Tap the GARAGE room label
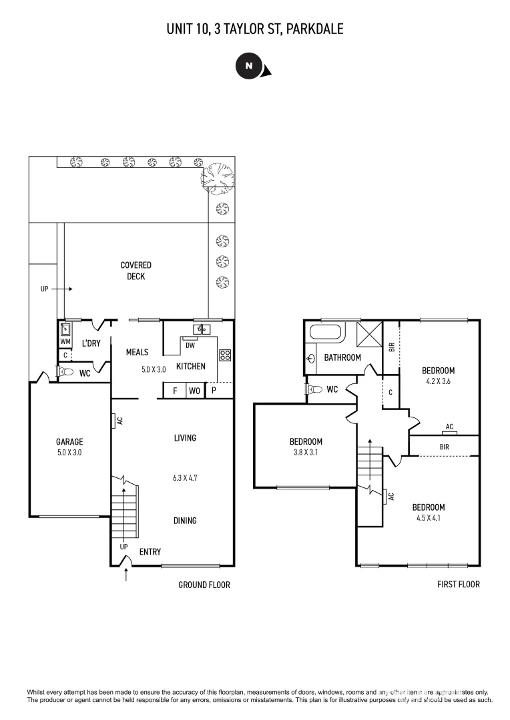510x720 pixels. click(69, 441)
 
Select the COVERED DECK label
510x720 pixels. click(136, 271)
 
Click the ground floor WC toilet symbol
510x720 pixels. click(65, 373)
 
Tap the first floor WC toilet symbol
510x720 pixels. click(314, 389)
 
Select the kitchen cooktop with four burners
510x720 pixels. click(225, 355)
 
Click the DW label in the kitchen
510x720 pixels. click(190, 345)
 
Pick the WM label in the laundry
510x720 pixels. click(65, 341)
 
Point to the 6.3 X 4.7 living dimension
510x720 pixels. click(185, 478)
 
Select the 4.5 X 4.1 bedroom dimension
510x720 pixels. click(428, 518)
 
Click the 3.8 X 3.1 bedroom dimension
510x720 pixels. click(306, 453)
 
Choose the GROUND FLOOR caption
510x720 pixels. click(204, 585)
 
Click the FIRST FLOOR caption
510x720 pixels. click(458, 585)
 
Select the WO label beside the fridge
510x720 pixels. click(194, 391)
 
